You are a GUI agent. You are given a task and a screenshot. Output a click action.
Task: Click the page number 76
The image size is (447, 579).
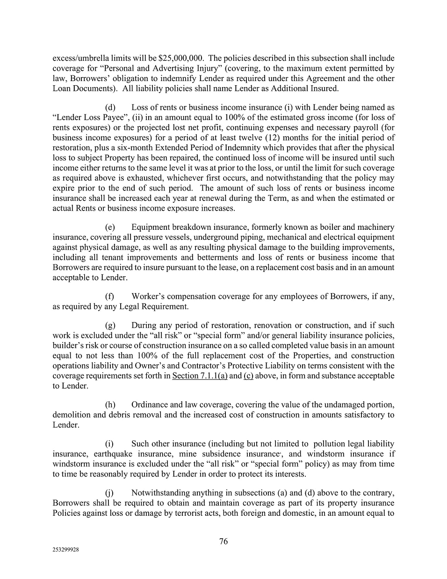click(223, 541)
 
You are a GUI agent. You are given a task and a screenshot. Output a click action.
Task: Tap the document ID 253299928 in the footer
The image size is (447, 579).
click(65, 551)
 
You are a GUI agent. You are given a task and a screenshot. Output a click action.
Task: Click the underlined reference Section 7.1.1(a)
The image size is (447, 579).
click(200, 375)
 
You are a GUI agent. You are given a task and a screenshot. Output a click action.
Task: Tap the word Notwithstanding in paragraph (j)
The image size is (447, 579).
click(162, 492)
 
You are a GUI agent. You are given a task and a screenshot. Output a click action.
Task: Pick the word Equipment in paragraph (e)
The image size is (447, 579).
click(150, 227)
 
